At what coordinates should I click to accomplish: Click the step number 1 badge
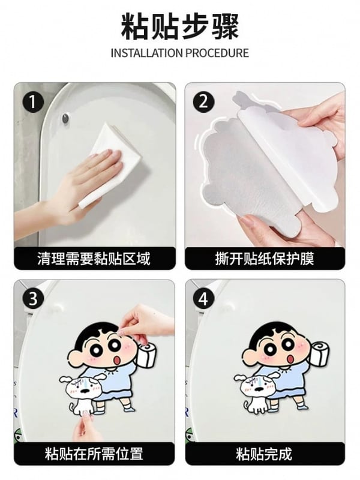pyautogui.click(x=32, y=102)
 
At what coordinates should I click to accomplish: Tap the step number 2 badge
pyautogui.click(x=203, y=101)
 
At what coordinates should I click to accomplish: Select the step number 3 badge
pyautogui.click(x=33, y=299)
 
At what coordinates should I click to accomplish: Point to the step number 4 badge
pyautogui.click(x=203, y=299)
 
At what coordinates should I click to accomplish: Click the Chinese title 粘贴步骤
pyautogui.click(x=180, y=26)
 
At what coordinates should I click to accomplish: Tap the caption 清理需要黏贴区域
pyautogui.click(x=94, y=259)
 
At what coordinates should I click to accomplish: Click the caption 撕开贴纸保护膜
pyautogui.click(x=265, y=259)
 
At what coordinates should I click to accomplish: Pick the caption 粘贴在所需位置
pyautogui.click(x=94, y=454)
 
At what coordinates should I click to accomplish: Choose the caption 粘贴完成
pyautogui.click(x=264, y=454)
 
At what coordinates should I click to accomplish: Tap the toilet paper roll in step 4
pyautogui.click(x=320, y=353)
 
